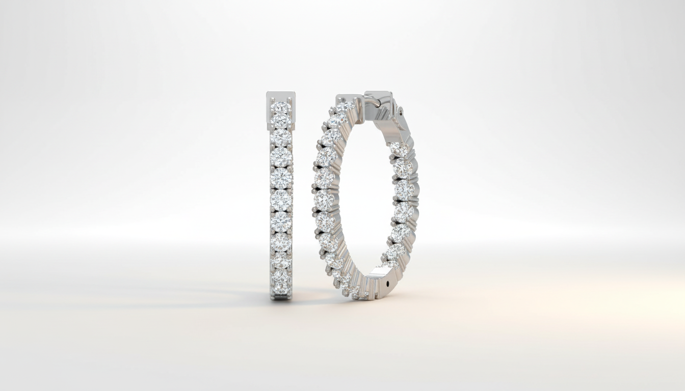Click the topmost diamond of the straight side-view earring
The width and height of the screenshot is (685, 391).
280,107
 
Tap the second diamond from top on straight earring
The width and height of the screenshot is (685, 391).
280,121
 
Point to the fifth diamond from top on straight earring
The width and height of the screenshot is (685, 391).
280,178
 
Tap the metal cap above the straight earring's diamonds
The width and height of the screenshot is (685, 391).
280,97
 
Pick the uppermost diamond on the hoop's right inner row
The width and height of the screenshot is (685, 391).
399,149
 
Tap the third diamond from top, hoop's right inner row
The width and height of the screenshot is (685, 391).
403,190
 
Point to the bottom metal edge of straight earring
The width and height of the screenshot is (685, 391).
281,297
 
